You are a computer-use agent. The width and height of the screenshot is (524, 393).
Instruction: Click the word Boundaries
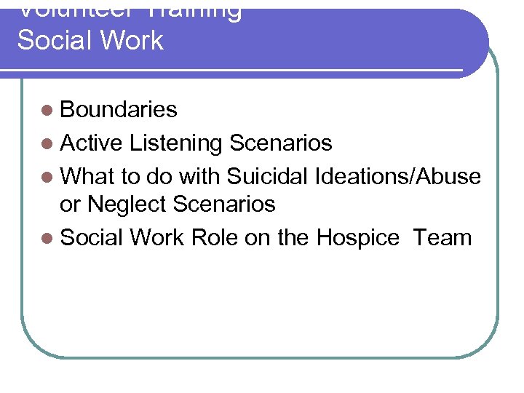[x=119, y=110]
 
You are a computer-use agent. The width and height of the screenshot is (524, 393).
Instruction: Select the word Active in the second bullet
[x=91, y=143]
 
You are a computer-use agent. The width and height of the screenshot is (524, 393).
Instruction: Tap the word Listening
[x=175, y=143]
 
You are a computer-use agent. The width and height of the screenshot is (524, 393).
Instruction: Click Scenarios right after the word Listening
[x=280, y=143]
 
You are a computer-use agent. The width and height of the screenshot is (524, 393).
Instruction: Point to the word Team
[x=442, y=237]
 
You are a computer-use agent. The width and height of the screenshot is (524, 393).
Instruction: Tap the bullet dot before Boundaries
[x=47, y=111]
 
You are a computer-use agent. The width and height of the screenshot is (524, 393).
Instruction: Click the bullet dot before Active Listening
[x=47, y=144]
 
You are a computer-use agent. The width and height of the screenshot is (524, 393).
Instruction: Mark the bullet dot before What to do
[x=47, y=177]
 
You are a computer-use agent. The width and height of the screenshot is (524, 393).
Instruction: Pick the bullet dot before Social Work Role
[x=47, y=238]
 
